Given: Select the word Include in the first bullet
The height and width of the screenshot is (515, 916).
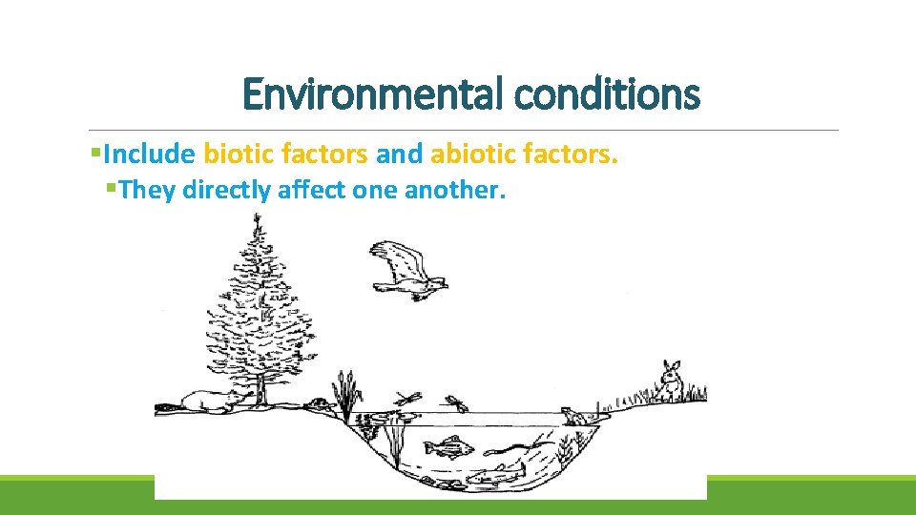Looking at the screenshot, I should coord(150,154).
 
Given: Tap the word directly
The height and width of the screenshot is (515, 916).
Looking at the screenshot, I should coord(226,190).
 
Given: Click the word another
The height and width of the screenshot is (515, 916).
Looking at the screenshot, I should coord(453,190).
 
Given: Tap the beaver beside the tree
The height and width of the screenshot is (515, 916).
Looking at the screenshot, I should coord(208,402).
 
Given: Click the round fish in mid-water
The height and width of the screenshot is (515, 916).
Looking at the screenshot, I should coord(448,445).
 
